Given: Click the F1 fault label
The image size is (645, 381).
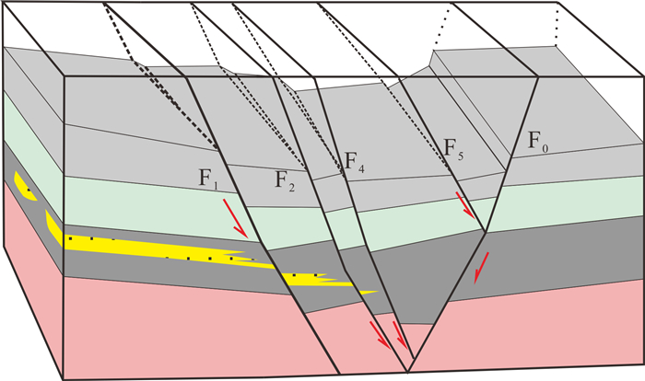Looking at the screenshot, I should pos(209,178).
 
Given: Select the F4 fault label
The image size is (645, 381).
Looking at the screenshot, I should pos(355,162).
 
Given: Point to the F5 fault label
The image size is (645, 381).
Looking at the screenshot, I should pos(452,147).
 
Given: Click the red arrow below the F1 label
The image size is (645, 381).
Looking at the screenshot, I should pos(236,221).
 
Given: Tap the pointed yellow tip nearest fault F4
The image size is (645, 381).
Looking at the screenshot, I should pos(373,293).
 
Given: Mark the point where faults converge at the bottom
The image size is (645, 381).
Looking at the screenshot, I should pos(409,371).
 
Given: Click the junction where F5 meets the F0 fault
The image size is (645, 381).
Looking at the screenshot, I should pos(486,231).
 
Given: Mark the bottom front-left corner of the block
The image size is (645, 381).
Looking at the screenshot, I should pos(63,378).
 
